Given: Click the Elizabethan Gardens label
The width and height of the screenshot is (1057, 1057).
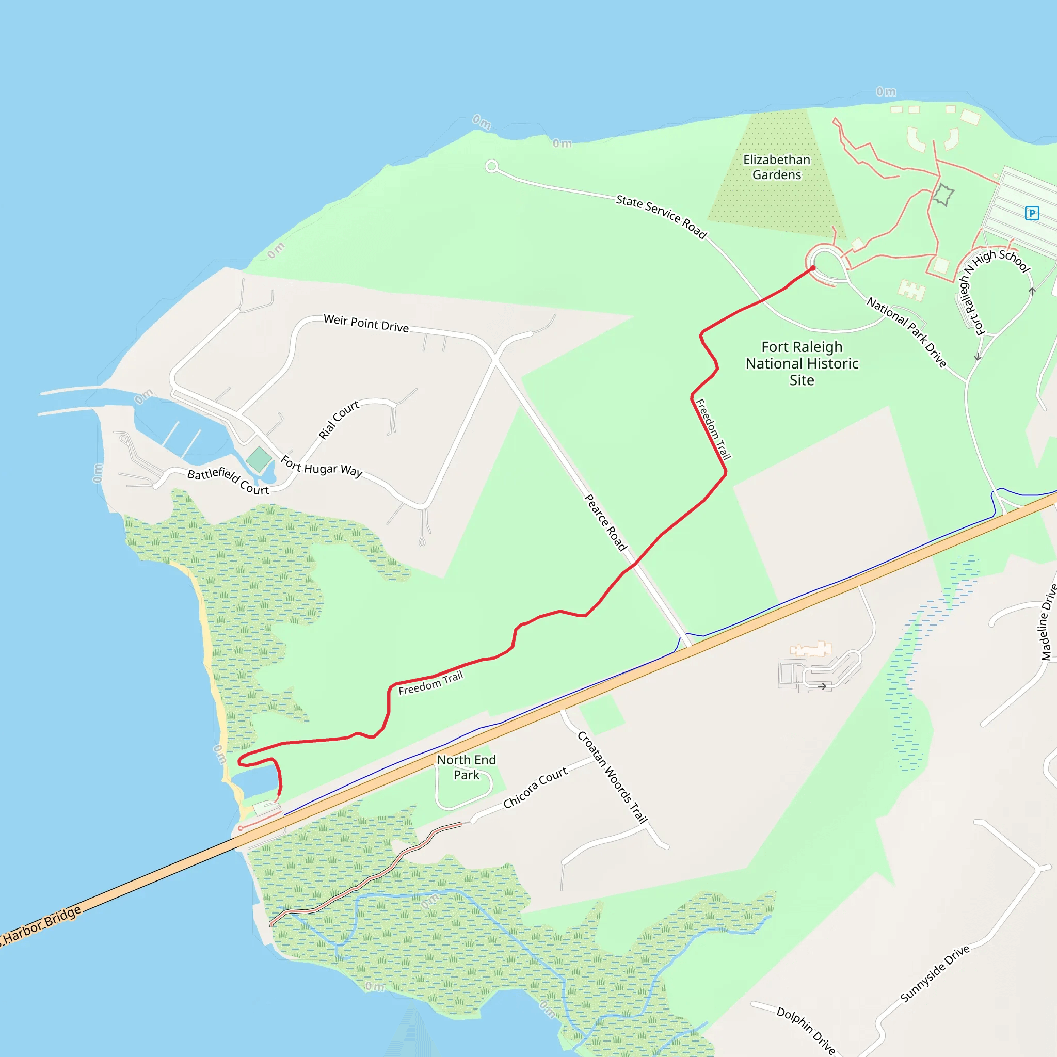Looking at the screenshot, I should point(776,167).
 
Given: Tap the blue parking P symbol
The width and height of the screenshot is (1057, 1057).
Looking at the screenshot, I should point(1031,213).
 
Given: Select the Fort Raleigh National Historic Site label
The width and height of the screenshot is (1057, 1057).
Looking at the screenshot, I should point(802,363).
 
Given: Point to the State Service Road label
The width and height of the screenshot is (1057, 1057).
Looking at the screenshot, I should point(662,217).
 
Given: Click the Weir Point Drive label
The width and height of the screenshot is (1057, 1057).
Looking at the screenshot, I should point(366,323).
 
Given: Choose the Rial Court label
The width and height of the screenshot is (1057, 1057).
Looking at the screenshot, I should point(339,420).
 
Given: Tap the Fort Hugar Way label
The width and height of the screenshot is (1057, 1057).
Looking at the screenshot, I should point(321,467).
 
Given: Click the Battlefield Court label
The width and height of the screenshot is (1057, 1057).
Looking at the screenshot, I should point(228,481).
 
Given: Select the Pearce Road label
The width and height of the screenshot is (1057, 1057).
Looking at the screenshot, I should point(605,522).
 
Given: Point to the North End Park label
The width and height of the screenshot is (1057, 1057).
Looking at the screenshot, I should point(466,767).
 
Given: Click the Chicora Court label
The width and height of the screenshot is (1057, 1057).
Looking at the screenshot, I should point(535,788).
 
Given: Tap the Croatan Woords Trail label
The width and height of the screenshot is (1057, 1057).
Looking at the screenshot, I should point(613,777).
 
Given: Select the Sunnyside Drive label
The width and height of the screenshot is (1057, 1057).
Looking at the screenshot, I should point(935,973).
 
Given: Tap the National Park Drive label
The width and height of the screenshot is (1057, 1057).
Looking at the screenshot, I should point(906,332).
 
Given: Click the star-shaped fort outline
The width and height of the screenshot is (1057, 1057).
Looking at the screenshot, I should point(943,195).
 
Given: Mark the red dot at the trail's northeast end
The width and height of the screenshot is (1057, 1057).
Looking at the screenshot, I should point(813,268).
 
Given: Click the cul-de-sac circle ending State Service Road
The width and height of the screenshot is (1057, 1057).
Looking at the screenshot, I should point(491,166).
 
